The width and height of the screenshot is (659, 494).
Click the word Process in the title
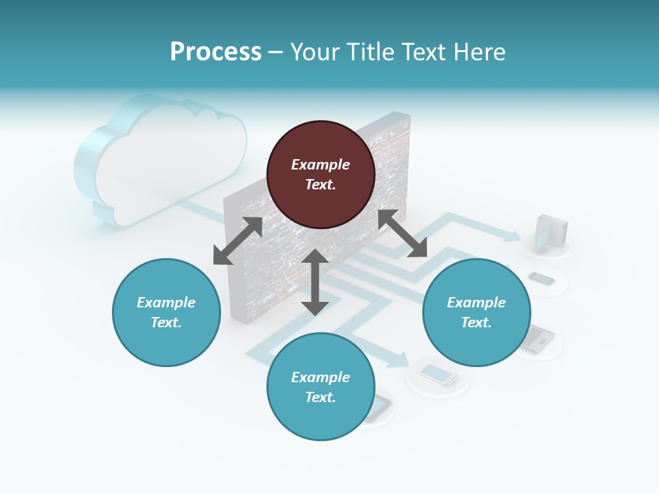(216, 51)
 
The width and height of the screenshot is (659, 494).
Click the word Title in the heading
(369, 51)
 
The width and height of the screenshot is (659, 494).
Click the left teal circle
(166, 312)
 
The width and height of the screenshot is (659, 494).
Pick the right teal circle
(476, 312)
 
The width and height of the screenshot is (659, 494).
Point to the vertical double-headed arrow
(315, 282)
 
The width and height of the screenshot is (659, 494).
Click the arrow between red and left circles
(238, 241)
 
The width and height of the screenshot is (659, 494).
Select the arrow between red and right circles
(402, 234)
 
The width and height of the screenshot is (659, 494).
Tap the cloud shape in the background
(161, 161)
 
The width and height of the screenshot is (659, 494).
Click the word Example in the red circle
(321, 165)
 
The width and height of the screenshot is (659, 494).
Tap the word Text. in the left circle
(166, 322)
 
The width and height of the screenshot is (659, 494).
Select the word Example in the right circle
(476, 303)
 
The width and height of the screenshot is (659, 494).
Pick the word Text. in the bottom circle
(321, 397)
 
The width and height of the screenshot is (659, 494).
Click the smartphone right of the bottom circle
(438, 374)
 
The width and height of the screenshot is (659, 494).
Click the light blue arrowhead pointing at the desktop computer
(513, 236)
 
